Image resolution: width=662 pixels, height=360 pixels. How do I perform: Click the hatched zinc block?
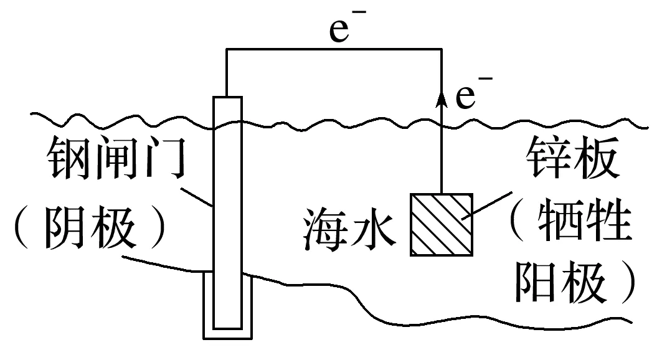tap(441, 225)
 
